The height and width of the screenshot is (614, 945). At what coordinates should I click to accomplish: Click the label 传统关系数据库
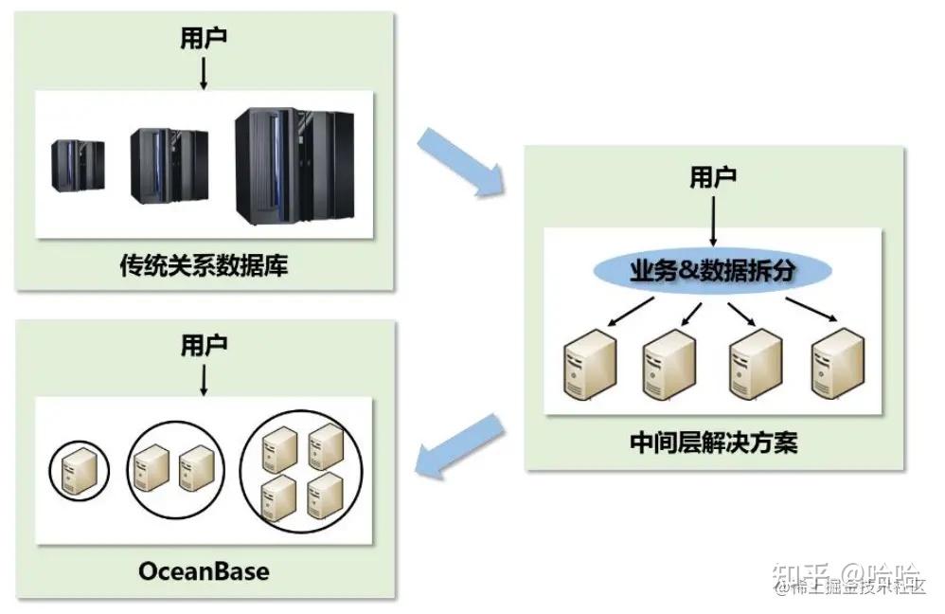click(x=204, y=266)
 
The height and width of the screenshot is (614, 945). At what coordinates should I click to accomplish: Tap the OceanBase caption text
click(x=204, y=570)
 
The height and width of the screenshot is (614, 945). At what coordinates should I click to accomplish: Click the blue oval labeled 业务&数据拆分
click(x=713, y=272)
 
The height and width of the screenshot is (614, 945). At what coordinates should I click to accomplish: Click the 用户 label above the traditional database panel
click(x=204, y=38)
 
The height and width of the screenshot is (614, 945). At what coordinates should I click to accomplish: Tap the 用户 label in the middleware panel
click(x=713, y=177)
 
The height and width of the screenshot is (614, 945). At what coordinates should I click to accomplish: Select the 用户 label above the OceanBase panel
click(x=204, y=345)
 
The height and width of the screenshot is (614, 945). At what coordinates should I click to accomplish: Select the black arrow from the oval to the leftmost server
click(x=630, y=312)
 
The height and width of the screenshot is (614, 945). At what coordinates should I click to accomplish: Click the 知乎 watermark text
click(x=801, y=574)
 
